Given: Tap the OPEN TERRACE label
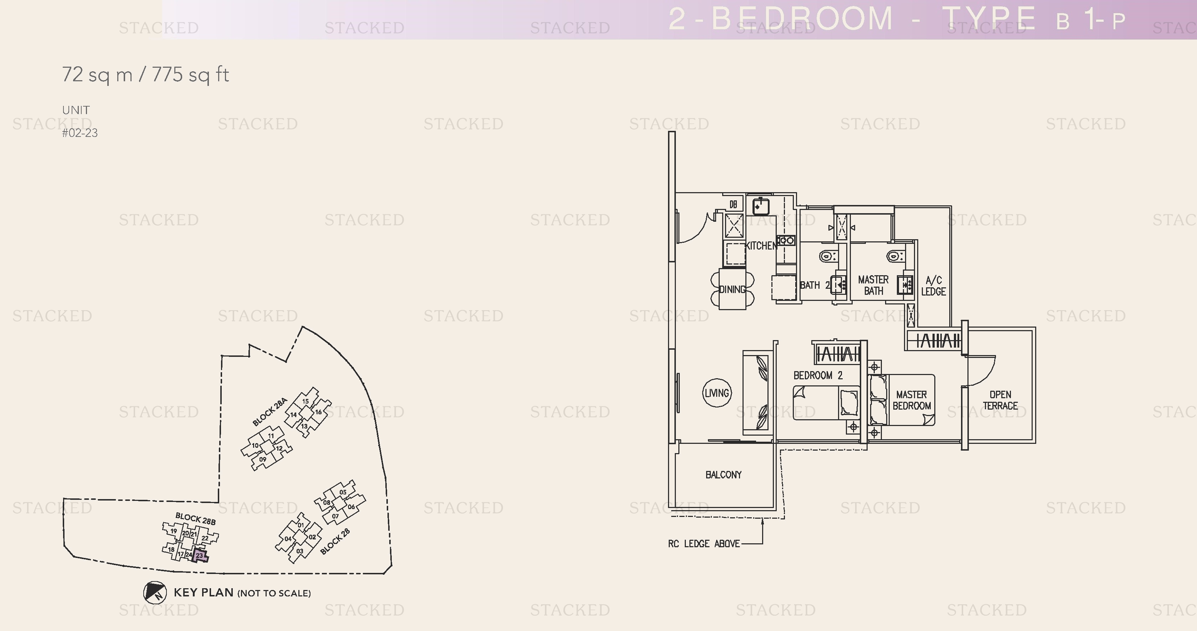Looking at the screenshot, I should (1000, 400).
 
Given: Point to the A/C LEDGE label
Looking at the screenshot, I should (933, 286).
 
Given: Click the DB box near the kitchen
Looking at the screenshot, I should (733, 204).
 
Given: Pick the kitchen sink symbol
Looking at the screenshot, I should (761, 206).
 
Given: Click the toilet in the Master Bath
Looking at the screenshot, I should (894, 256).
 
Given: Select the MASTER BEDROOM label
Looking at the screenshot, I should (911, 400).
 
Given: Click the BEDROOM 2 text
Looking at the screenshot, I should (818, 375).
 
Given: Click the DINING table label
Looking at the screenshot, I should (732, 289).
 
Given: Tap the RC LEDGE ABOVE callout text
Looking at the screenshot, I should (704, 544).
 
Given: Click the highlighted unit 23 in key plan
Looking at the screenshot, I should (200, 556).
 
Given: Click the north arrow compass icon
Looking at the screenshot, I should (155, 592).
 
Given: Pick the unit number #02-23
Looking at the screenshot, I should (80, 133).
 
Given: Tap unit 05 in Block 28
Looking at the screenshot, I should (343, 492).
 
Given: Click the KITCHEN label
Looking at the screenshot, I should (761, 246).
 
